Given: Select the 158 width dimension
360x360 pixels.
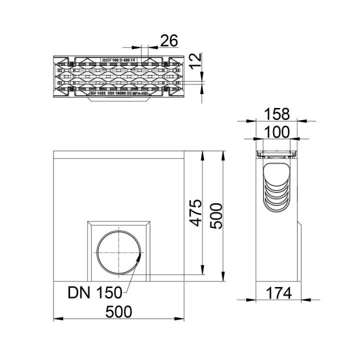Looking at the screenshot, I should point(278,114).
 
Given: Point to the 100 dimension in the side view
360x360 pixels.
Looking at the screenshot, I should point(278,132).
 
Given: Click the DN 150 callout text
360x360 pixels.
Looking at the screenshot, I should point(95,292).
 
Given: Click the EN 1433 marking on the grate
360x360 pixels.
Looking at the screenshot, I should point(99,93).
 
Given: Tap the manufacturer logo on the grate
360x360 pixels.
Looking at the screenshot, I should point(105,60).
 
